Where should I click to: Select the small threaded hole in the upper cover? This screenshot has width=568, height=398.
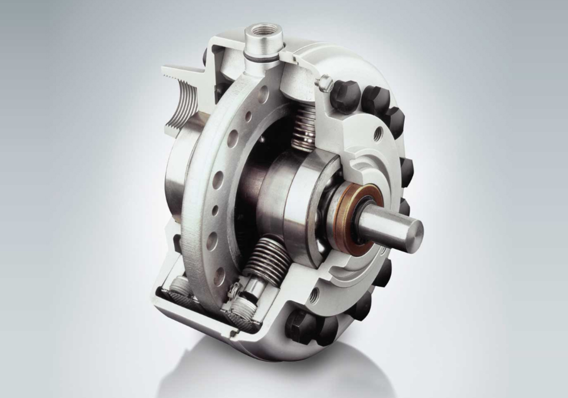click(377, 135)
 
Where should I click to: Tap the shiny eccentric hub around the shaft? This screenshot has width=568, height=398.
click(284, 193)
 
